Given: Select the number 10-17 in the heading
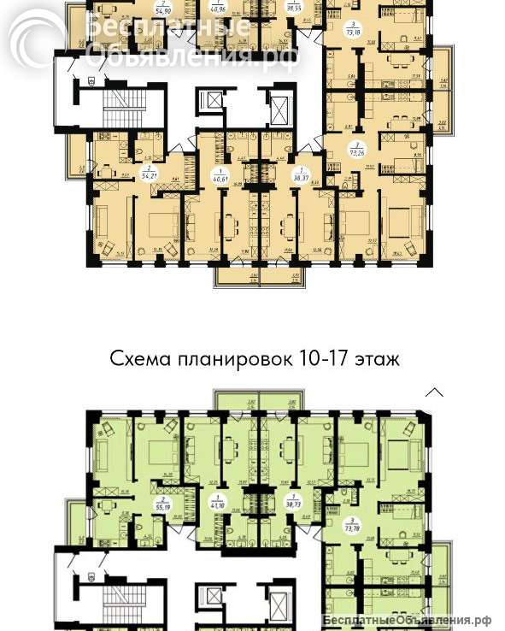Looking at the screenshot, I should pyautogui.click(x=321, y=358).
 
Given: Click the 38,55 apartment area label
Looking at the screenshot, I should pyautogui.click(x=293, y=7).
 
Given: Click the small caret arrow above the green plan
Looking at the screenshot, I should pyautogui.click(x=435, y=392).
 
